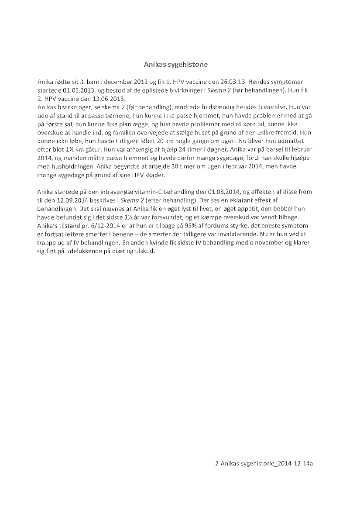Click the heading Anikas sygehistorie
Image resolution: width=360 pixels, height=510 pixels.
(176, 65)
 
